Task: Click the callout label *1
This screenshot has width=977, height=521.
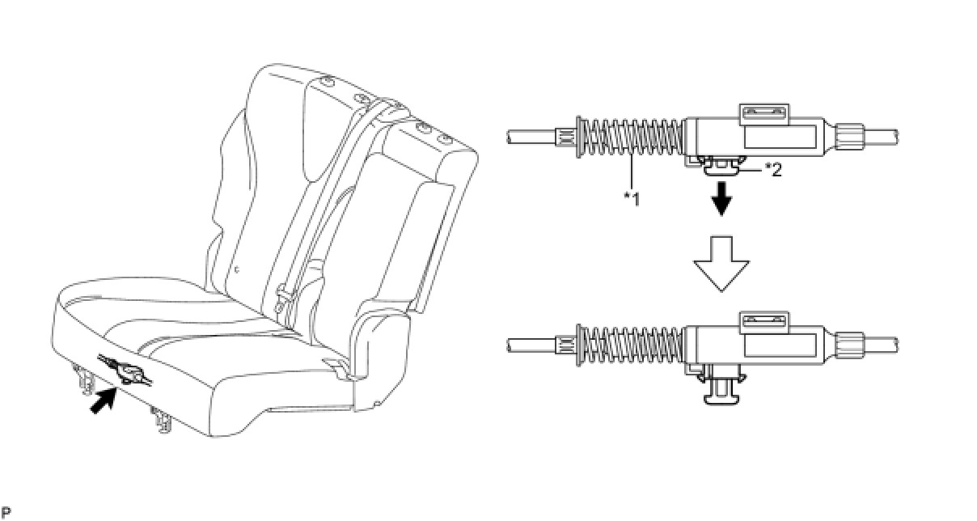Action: tap(632, 197)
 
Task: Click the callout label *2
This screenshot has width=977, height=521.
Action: tap(773, 171)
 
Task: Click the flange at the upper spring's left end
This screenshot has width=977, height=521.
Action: tap(578, 137)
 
